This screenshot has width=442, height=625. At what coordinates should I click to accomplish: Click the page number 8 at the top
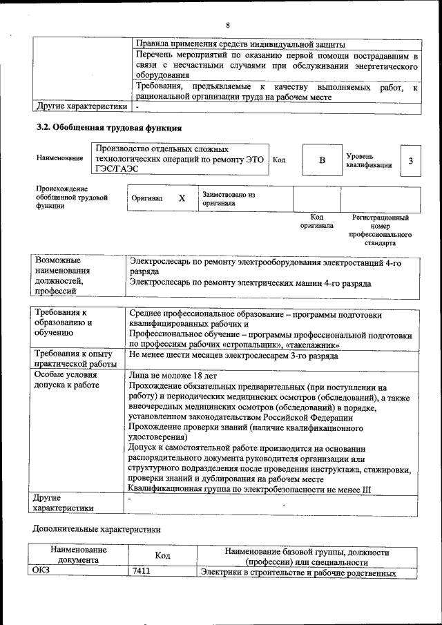pyautogui.click(x=227, y=26)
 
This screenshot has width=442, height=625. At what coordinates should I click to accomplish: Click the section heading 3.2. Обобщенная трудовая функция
pyautogui.click(x=108, y=128)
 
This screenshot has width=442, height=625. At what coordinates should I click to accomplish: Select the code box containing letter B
pyautogui.click(x=321, y=160)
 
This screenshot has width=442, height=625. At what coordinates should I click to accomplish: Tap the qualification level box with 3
pyautogui.click(x=411, y=161)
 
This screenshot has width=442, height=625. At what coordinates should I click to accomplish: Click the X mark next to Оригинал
pyautogui.click(x=182, y=198)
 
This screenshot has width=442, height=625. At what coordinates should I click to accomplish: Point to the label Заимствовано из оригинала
pyautogui.click(x=229, y=199)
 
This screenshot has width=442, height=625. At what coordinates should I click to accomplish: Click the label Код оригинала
pyautogui.click(x=316, y=222)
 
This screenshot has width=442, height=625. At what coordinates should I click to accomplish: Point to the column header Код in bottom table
pyautogui.click(x=162, y=555)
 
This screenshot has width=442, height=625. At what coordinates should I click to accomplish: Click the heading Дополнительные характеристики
pyautogui.click(x=97, y=530)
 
